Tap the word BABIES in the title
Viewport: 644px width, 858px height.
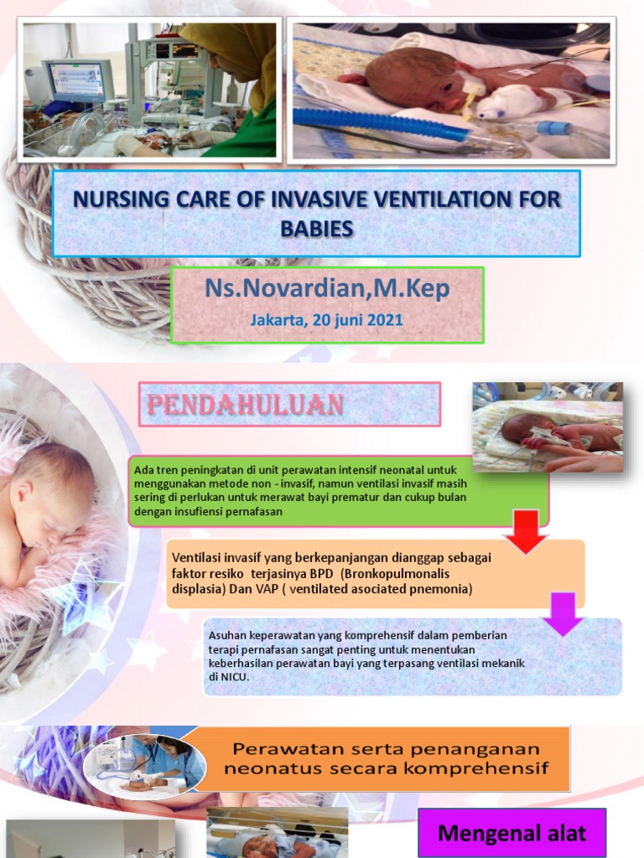tap(317, 229)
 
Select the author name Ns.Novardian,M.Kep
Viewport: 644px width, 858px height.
tap(327, 289)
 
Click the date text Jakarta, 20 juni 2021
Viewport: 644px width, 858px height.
tap(326, 320)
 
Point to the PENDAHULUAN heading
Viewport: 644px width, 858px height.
tap(245, 406)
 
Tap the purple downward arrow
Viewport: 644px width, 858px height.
tap(562, 615)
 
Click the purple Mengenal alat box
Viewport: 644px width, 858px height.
tap(512, 833)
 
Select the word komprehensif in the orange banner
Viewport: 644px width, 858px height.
tap(482, 767)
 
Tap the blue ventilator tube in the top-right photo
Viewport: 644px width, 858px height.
tap(377, 123)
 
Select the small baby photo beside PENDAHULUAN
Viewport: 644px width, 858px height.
tap(548, 426)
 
